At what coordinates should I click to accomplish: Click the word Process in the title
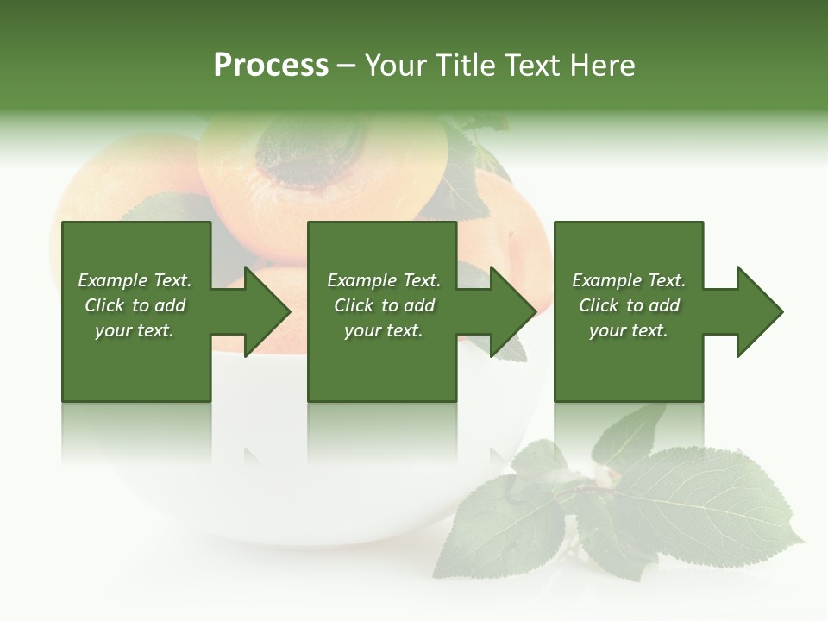click(x=271, y=66)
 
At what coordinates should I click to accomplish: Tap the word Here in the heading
click(x=604, y=66)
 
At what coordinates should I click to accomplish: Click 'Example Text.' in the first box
click(x=135, y=280)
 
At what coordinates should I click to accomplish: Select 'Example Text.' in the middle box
click(x=384, y=280)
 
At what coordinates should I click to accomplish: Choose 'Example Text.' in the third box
click(x=629, y=280)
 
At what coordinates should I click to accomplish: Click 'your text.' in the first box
click(x=135, y=330)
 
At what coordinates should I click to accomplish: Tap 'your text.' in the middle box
click(x=384, y=330)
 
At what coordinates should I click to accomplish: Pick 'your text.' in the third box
click(x=629, y=330)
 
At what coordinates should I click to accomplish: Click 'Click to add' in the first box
click(x=135, y=305)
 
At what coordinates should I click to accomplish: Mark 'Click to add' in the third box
click(x=629, y=305)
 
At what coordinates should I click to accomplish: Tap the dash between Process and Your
click(x=347, y=66)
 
